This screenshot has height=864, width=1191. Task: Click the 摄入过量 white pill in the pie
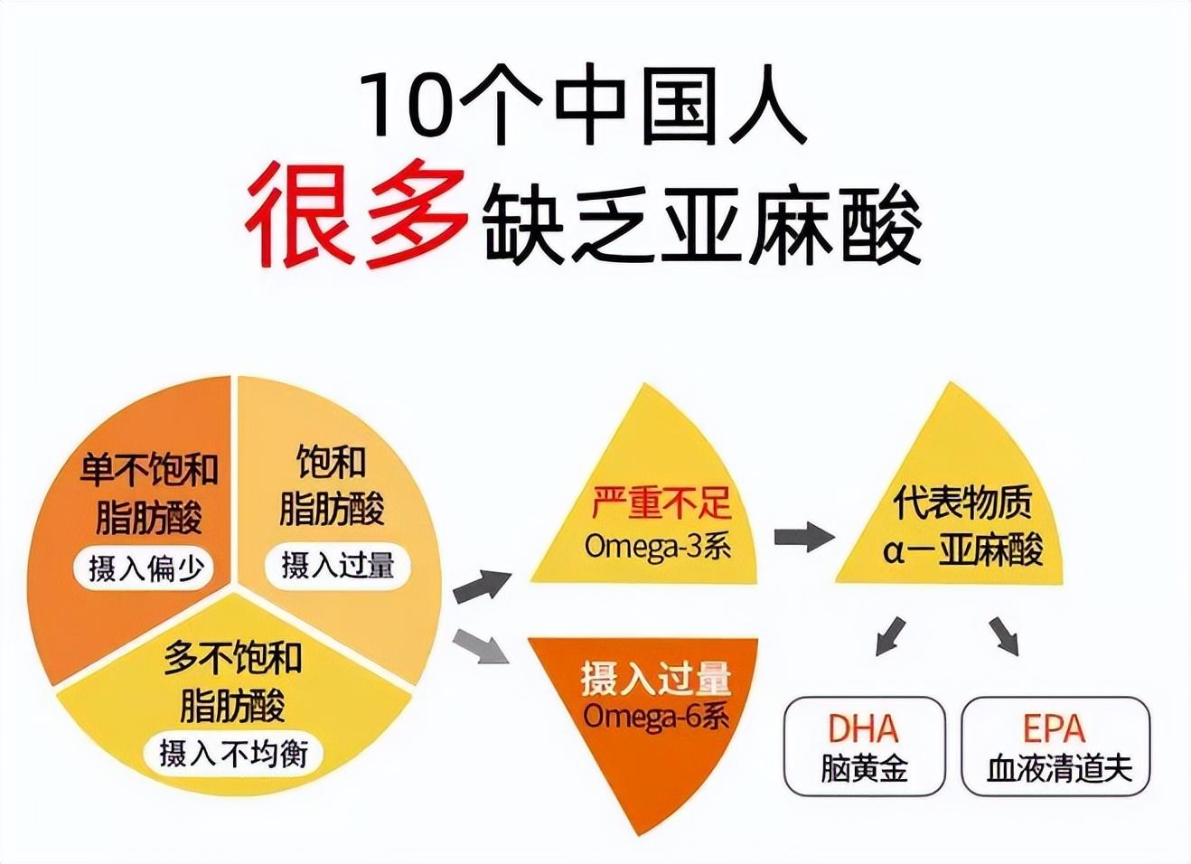coord(337,566)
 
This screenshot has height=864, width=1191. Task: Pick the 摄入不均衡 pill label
coord(233,753)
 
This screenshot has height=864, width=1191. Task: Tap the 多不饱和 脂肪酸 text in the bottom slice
coord(232,681)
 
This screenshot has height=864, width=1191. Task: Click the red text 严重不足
coord(661,504)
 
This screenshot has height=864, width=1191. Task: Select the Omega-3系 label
coord(657,546)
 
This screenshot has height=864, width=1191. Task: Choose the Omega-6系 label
coord(656,716)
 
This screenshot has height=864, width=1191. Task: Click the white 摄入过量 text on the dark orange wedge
coord(656,678)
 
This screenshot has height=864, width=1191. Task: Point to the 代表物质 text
coord(961,502)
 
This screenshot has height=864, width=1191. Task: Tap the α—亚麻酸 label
coord(963,549)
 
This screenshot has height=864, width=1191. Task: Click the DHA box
coord(864,747)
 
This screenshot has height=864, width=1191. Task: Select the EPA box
coord(1055,747)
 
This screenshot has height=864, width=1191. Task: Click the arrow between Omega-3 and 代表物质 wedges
coord(803,537)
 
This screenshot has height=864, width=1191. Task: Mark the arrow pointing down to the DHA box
coord(890,634)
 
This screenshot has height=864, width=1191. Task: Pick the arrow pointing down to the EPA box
coord(1004,634)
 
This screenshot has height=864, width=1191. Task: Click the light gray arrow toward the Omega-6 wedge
coord(480,646)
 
